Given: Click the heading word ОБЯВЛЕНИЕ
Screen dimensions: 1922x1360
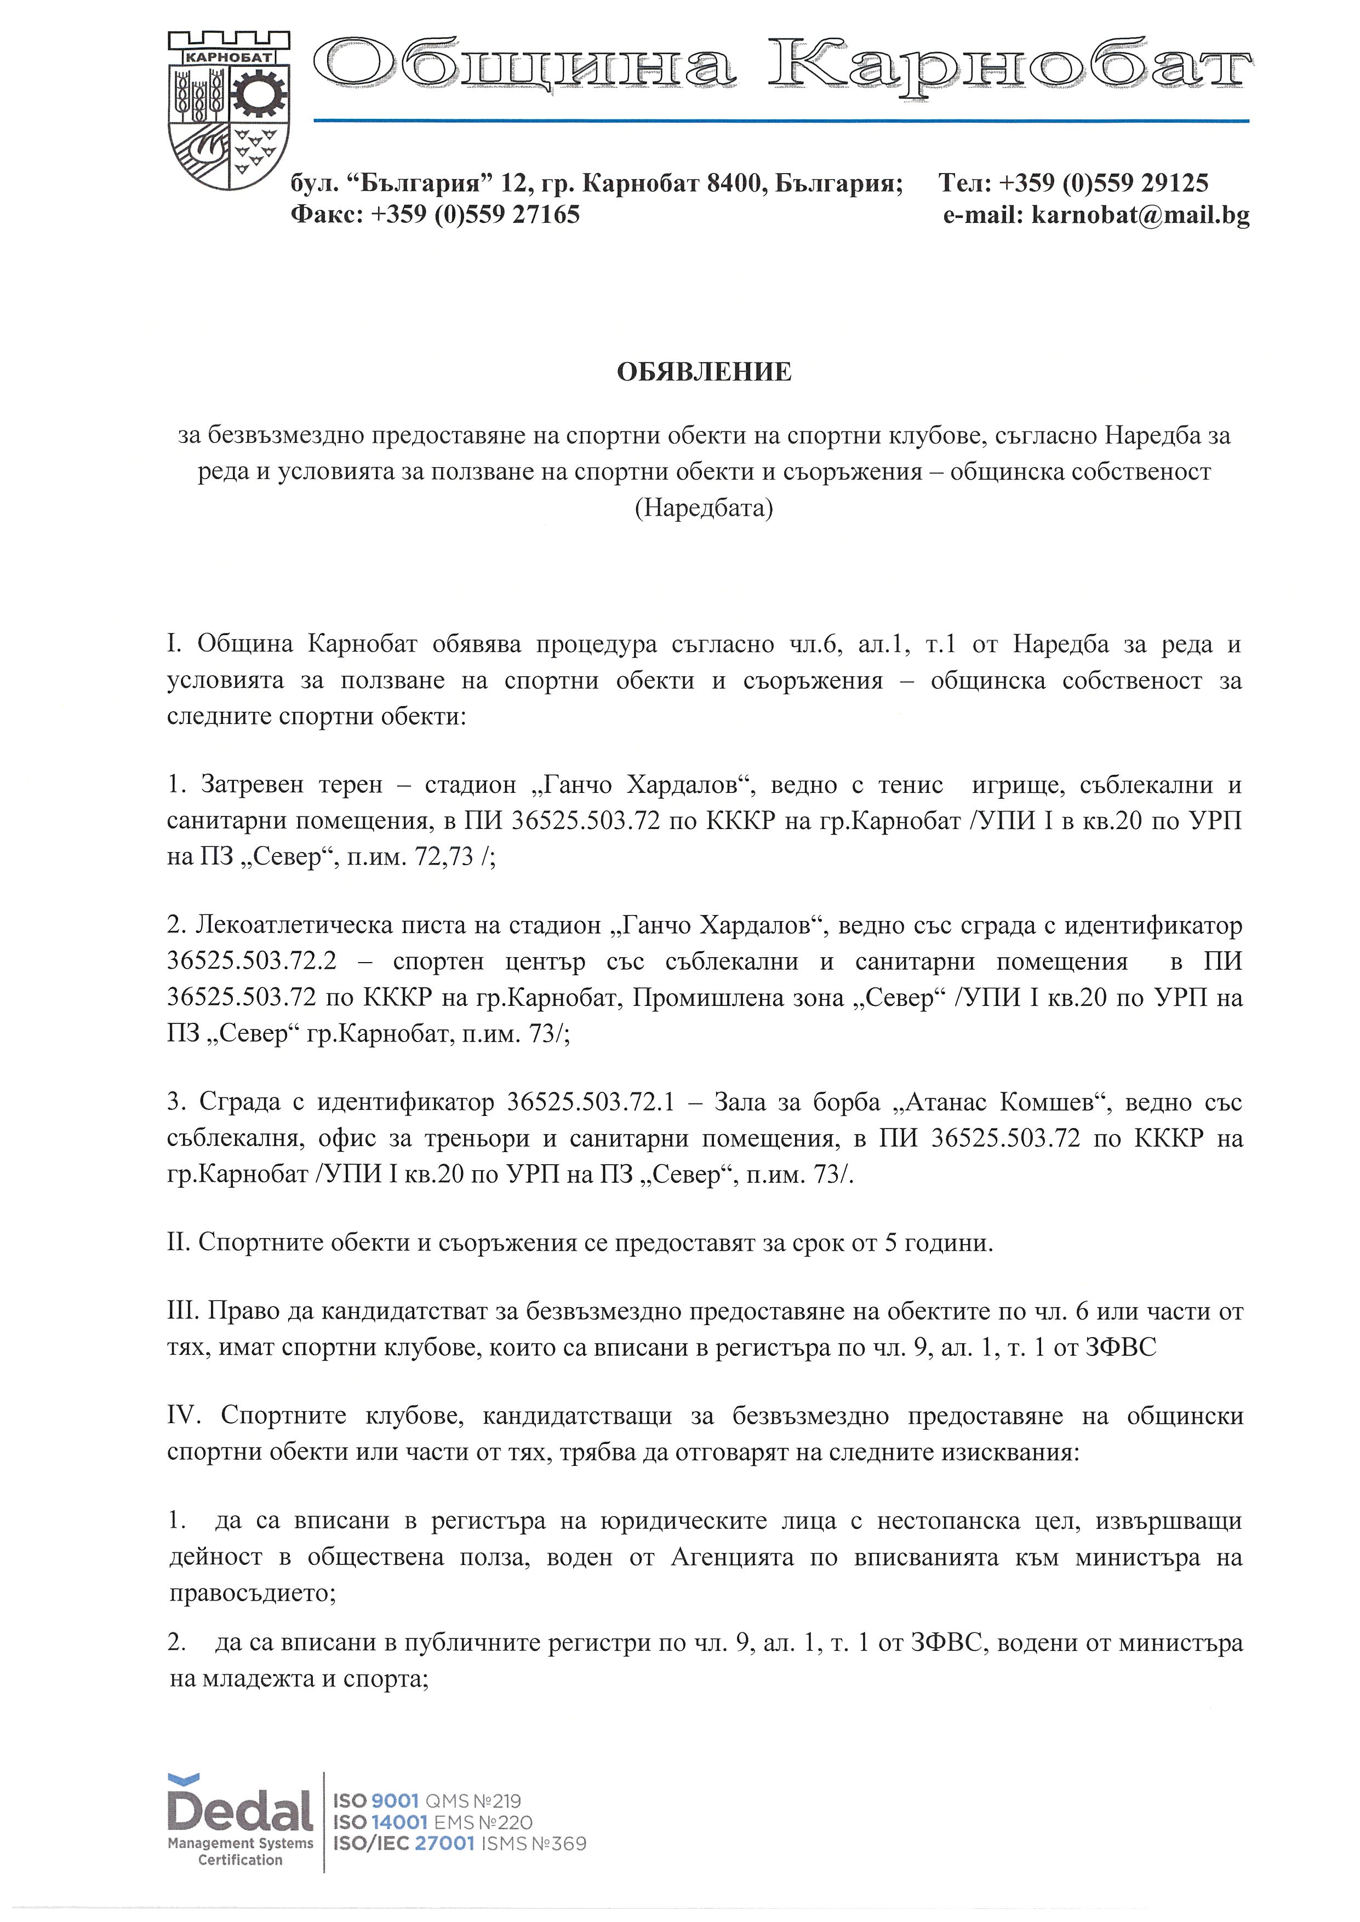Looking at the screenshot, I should (704, 372).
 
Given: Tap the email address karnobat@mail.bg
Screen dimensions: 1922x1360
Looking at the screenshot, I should (1141, 215).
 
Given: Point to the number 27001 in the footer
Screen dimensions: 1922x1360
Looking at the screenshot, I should (445, 1843).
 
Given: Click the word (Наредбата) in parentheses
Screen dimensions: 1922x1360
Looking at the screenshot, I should (704, 508).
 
